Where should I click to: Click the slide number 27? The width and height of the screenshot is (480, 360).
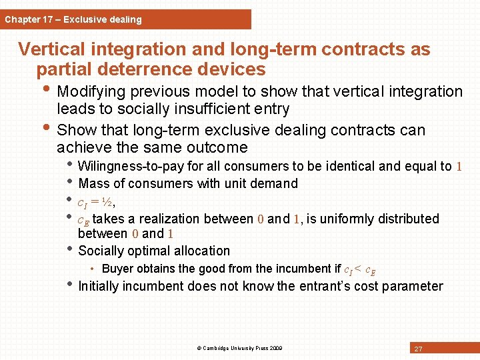point(418,349)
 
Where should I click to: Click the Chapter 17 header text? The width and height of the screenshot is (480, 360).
point(73,19)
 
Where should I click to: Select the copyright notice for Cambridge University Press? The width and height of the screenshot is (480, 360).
point(239,348)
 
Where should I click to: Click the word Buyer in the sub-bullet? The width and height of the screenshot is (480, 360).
point(117,269)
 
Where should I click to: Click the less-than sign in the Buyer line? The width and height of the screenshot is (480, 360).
point(358,269)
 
